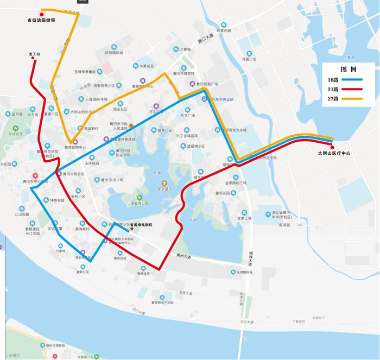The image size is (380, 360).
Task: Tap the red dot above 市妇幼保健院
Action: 41,15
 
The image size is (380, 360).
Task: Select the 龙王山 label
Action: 35,54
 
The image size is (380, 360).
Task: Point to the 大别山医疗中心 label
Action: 335,154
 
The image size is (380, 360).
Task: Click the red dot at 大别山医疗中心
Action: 332,147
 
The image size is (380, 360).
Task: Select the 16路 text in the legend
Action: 332,79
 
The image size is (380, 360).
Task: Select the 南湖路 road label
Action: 284,224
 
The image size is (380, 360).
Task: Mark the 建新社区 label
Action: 83,264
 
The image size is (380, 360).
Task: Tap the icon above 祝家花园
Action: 223,24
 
